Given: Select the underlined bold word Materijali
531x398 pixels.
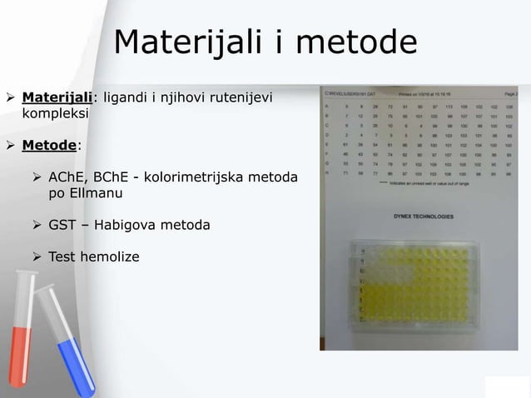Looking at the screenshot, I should pyautogui.click(x=57, y=100).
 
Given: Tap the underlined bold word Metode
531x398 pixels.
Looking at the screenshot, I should pyautogui.click(x=49, y=146).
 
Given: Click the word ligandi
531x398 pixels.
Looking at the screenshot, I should pyautogui.click(x=124, y=100).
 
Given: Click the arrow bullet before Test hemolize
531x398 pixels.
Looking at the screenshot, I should pyautogui.click(x=37, y=256).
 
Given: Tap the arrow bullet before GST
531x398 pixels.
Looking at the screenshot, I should pyautogui.click(x=37, y=225).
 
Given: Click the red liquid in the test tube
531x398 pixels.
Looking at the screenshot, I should pyautogui.click(x=22, y=358).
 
